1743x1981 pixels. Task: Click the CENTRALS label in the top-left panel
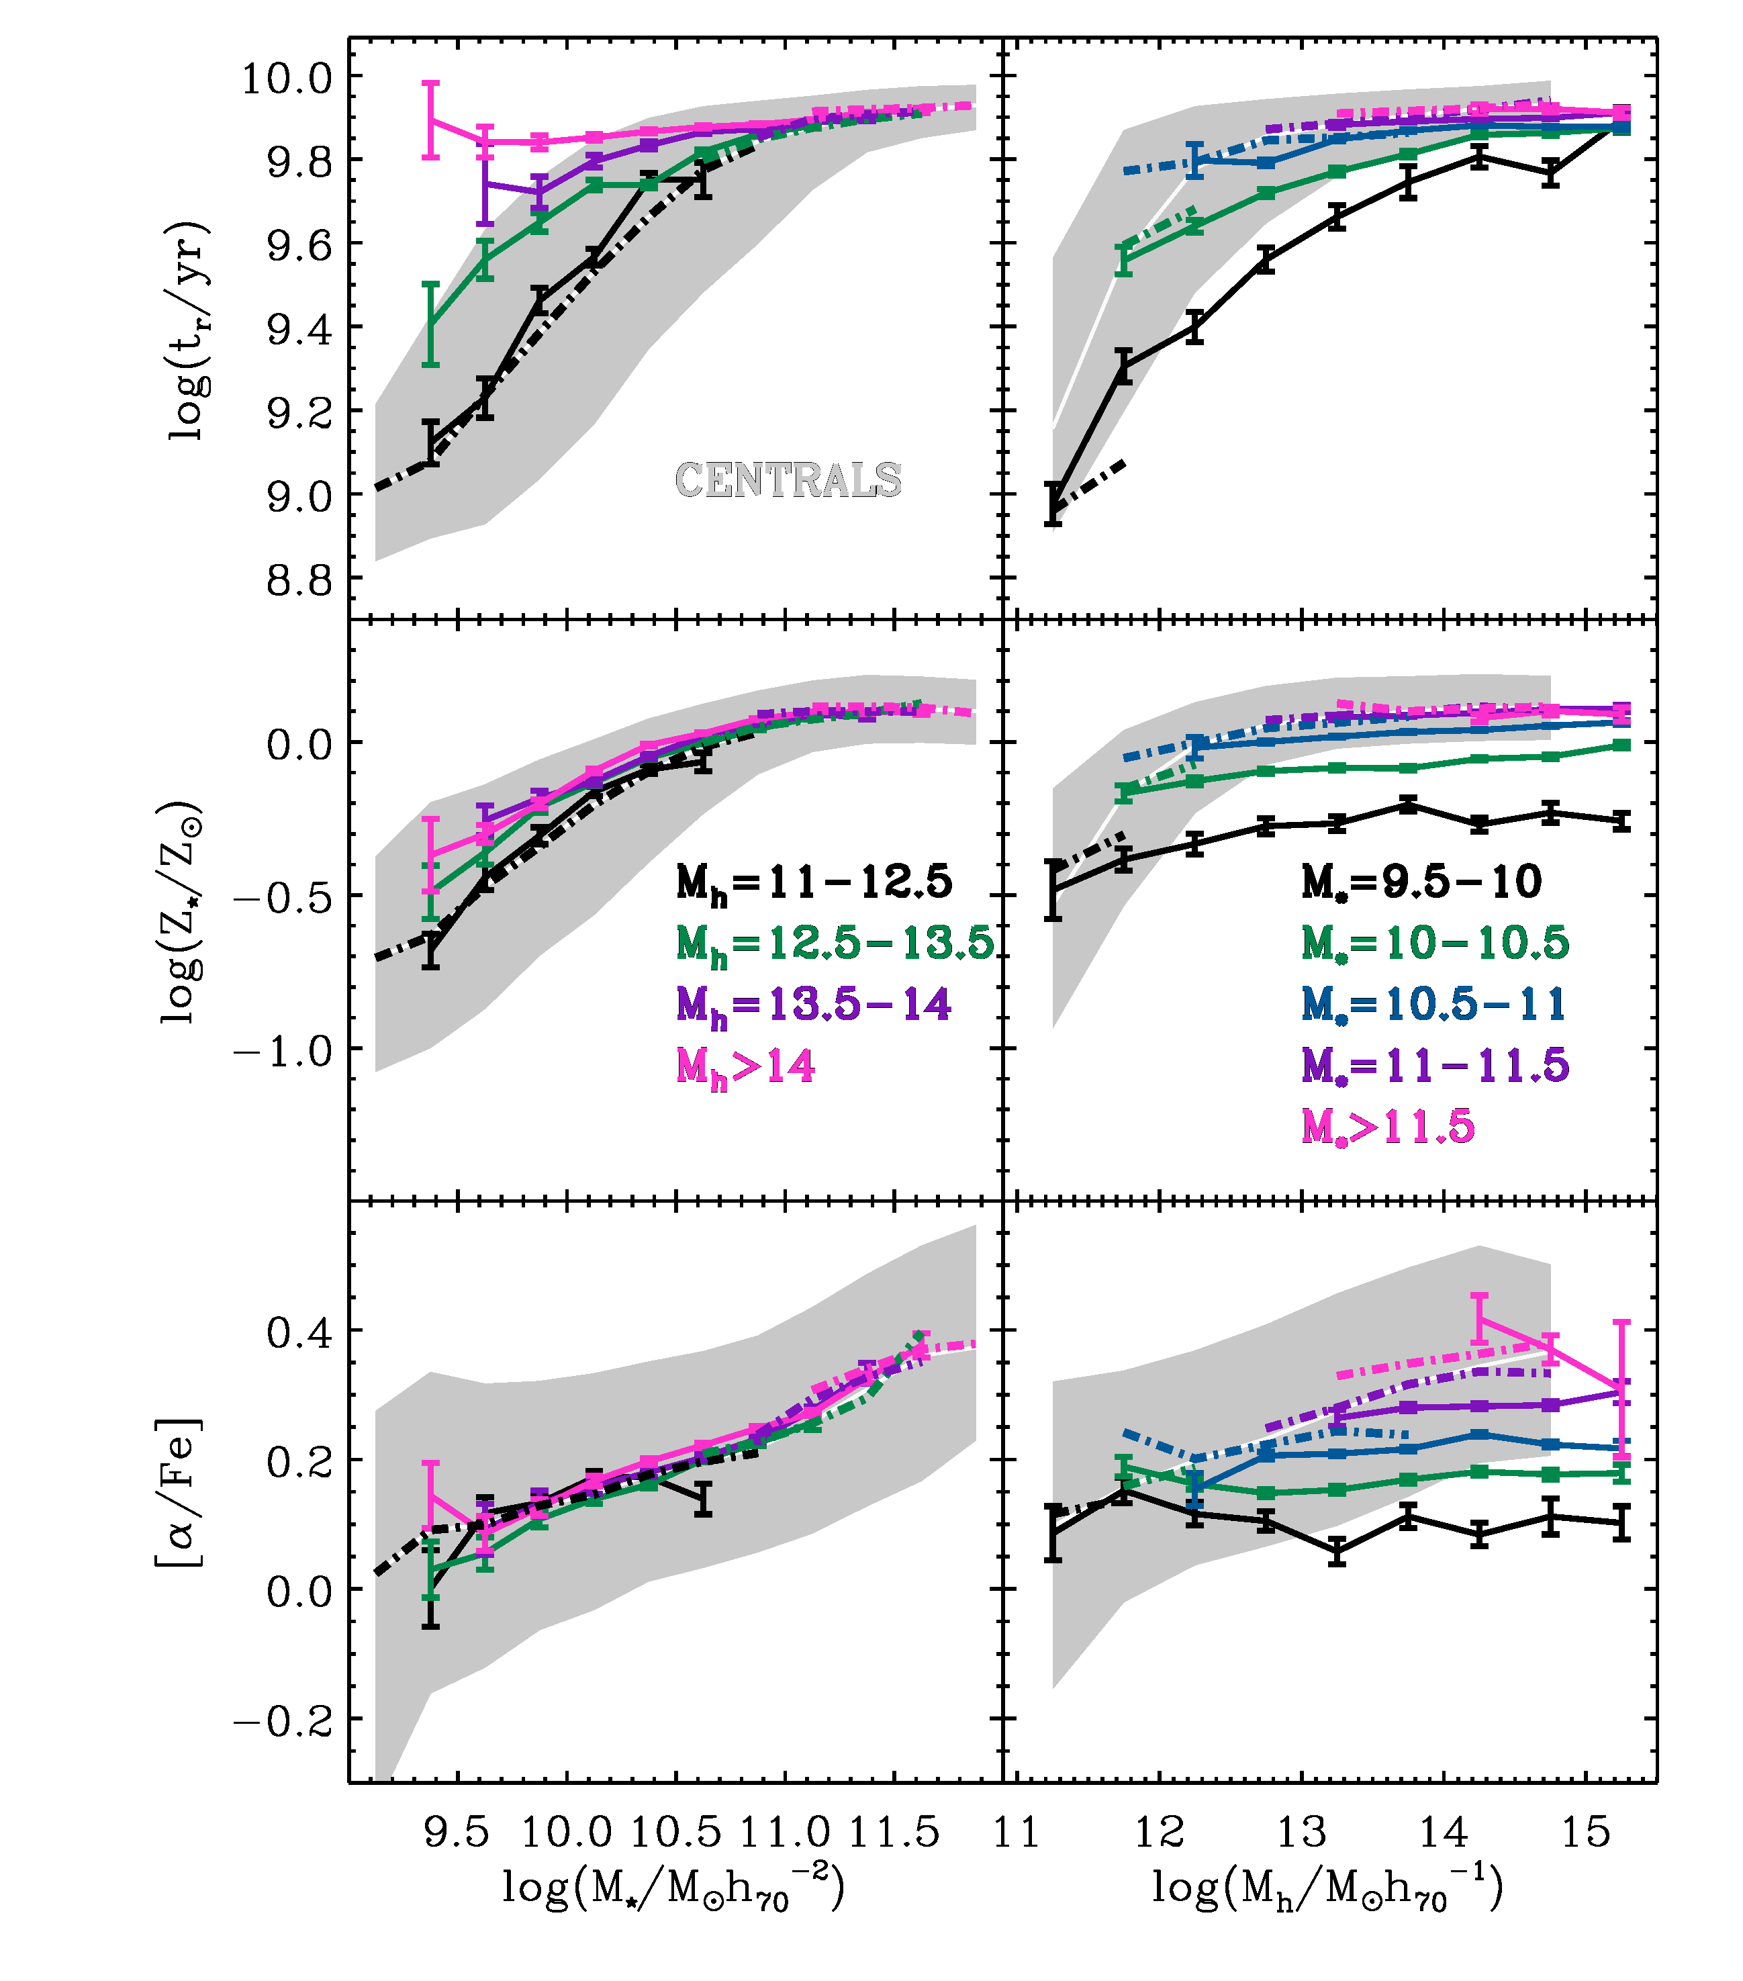[787, 479]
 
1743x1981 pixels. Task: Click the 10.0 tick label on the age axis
[286, 77]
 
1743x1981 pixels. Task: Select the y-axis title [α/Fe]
[179, 1493]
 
